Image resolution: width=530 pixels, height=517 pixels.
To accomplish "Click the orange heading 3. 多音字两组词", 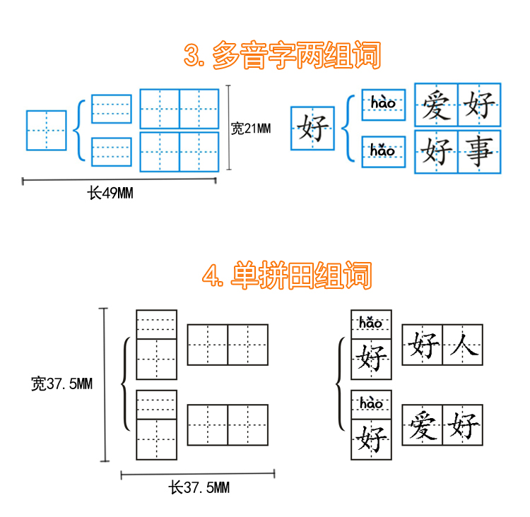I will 282,55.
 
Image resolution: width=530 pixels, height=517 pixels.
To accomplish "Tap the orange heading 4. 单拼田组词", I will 286,275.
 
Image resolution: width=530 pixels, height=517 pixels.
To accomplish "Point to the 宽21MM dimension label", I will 251,129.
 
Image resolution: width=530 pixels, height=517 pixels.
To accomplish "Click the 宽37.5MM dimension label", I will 61,384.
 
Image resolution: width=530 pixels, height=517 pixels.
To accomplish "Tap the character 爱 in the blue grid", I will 436,106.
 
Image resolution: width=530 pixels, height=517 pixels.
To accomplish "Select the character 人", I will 463,345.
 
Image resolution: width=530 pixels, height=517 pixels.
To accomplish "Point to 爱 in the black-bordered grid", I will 423,426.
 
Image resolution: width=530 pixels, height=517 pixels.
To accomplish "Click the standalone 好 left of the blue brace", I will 312,129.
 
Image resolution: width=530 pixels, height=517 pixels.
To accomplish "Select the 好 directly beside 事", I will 436,150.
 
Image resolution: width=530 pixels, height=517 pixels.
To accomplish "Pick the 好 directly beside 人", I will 423,345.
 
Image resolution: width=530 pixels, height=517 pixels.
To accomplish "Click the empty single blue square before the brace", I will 47,130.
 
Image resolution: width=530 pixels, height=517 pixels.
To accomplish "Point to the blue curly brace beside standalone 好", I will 346,128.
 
